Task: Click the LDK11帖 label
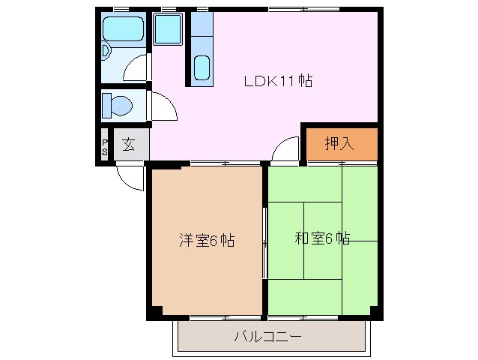278,81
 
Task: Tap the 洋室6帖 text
206,241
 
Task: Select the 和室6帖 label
321,239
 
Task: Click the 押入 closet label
339,143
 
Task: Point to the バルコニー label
267,335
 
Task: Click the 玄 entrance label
129,145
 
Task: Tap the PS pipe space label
105,145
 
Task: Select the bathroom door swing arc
136,69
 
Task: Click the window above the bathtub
124,9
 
